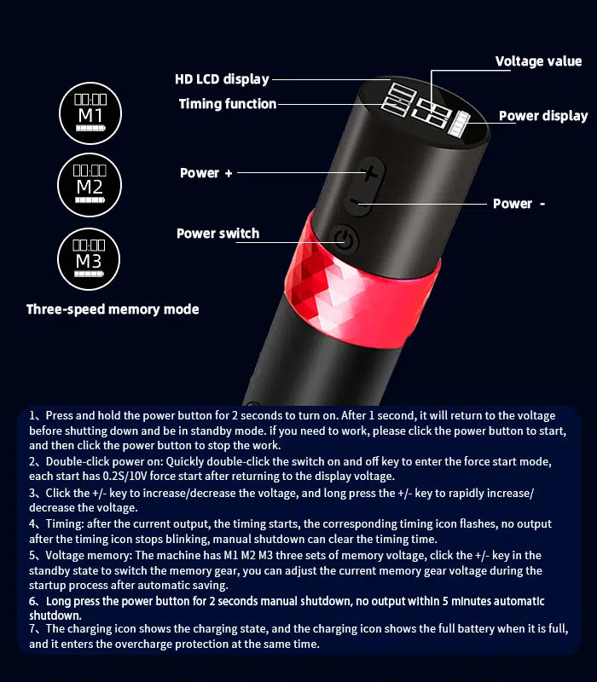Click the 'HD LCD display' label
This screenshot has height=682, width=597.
[x=222, y=79]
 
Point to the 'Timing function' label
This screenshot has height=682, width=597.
[x=228, y=104]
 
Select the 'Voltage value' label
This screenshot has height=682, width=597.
[x=538, y=61]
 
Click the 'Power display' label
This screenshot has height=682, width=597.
[x=543, y=116]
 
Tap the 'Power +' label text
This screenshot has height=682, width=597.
[x=206, y=173]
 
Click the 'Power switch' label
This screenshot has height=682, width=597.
[x=217, y=234]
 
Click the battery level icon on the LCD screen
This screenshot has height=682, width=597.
[x=465, y=126]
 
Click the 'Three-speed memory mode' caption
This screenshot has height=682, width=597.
[x=113, y=309]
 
